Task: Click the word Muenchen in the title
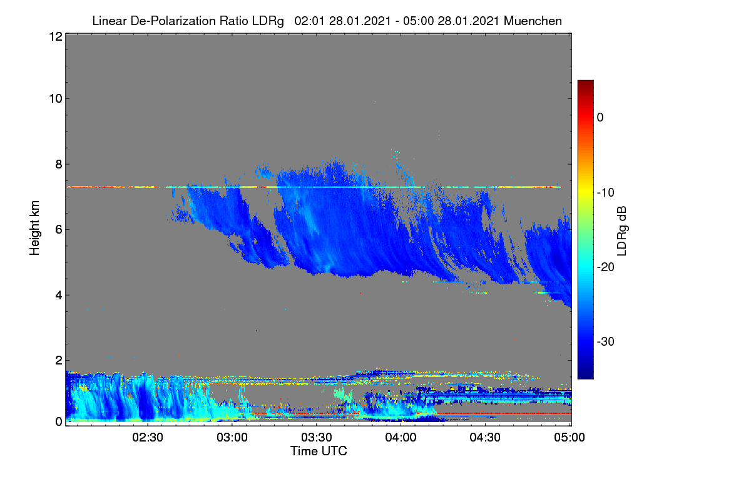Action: [x=533, y=21]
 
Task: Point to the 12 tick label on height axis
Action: [x=56, y=36]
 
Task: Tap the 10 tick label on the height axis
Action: [x=56, y=99]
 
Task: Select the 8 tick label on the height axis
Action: [x=59, y=165]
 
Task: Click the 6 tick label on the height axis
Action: [x=59, y=230]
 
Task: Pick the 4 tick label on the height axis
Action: [x=59, y=296]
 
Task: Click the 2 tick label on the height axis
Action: [x=59, y=360]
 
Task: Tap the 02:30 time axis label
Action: [x=148, y=438]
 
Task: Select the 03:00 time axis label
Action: [x=232, y=438]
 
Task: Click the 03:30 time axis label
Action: [x=317, y=438]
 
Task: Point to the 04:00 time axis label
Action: [x=401, y=438]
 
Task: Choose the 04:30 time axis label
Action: [x=485, y=438]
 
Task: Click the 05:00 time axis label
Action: [x=570, y=438]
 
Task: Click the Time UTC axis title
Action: [x=319, y=451]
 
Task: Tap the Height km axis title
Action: [x=34, y=228]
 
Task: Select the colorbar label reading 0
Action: [x=600, y=118]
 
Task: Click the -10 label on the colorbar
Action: [x=606, y=193]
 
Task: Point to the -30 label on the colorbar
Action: [x=606, y=341]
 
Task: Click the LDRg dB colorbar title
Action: [x=622, y=231]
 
